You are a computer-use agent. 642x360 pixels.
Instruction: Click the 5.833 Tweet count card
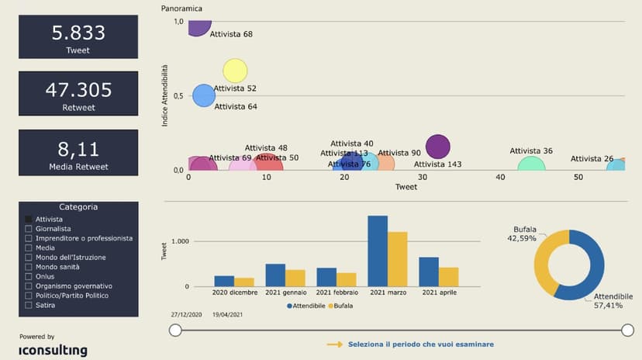pyautogui.click(x=78, y=37)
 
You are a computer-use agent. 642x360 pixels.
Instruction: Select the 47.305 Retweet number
pyautogui.click(x=78, y=89)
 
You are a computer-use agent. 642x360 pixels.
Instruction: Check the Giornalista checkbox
pyautogui.click(x=29, y=229)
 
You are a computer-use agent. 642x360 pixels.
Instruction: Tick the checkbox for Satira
pyautogui.click(x=29, y=305)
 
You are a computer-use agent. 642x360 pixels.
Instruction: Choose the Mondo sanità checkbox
pyautogui.click(x=29, y=267)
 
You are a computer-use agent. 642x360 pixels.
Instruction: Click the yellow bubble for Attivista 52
pyautogui.click(x=235, y=71)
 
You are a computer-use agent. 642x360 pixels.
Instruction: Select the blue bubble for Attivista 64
pyautogui.click(x=203, y=96)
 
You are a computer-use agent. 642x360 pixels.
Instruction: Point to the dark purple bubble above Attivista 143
pyautogui.click(x=438, y=146)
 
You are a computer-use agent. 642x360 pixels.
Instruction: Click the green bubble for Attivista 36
pyautogui.click(x=531, y=164)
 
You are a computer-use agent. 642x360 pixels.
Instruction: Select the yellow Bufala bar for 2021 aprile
pyautogui.click(x=448, y=277)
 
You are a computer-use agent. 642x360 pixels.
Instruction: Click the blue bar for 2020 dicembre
pyautogui.click(x=224, y=281)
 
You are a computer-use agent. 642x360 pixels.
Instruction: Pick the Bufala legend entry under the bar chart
pyautogui.click(x=340, y=306)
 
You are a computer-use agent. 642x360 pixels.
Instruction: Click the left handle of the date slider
pyautogui.click(x=176, y=331)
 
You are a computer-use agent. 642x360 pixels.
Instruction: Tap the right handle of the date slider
pyautogui.click(x=627, y=331)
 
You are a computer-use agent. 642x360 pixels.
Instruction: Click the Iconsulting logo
pyautogui.click(x=53, y=350)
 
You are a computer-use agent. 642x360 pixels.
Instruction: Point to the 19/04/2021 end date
pyautogui.click(x=227, y=316)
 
